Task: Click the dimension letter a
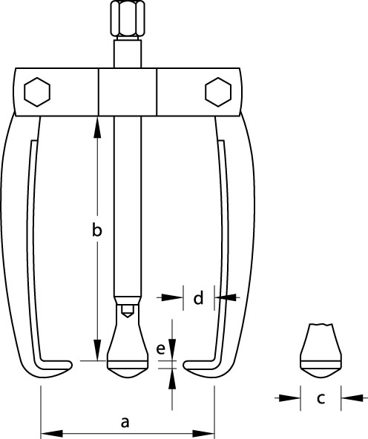tap(125, 422)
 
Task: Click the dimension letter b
tap(97, 229)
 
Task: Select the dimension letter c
tap(321, 398)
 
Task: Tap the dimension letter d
tap(199, 297)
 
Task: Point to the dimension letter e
tap(160, 349)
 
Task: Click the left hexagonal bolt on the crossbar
tap(37, 92)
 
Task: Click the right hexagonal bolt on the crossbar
tap(218, 92)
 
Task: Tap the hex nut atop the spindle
tap(128, 19)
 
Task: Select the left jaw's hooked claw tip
tap(68, 365)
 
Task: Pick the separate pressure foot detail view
tap(321, 351)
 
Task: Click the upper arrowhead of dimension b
tap(97, 128)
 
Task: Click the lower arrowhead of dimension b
tap(97, 350)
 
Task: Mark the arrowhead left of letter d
tap(172, 297)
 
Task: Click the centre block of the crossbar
tap(128, 92)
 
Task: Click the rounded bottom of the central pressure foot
tap(128, 372)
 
